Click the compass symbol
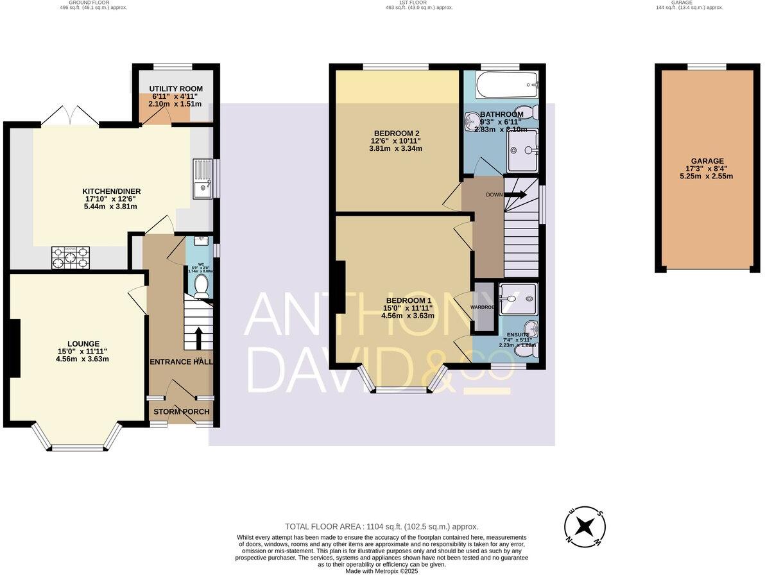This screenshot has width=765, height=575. [x=585, y=528]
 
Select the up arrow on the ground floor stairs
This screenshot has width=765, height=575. [x=198, y=337]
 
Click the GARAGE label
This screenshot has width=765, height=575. [x=707, y=161]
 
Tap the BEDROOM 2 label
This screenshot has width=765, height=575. [x=395, y=133]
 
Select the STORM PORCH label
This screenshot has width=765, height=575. [x=181, y=411]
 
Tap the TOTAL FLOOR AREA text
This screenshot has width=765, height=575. [x=381, y=526]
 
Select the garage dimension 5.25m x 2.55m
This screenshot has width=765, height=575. [x=707, y=176]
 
